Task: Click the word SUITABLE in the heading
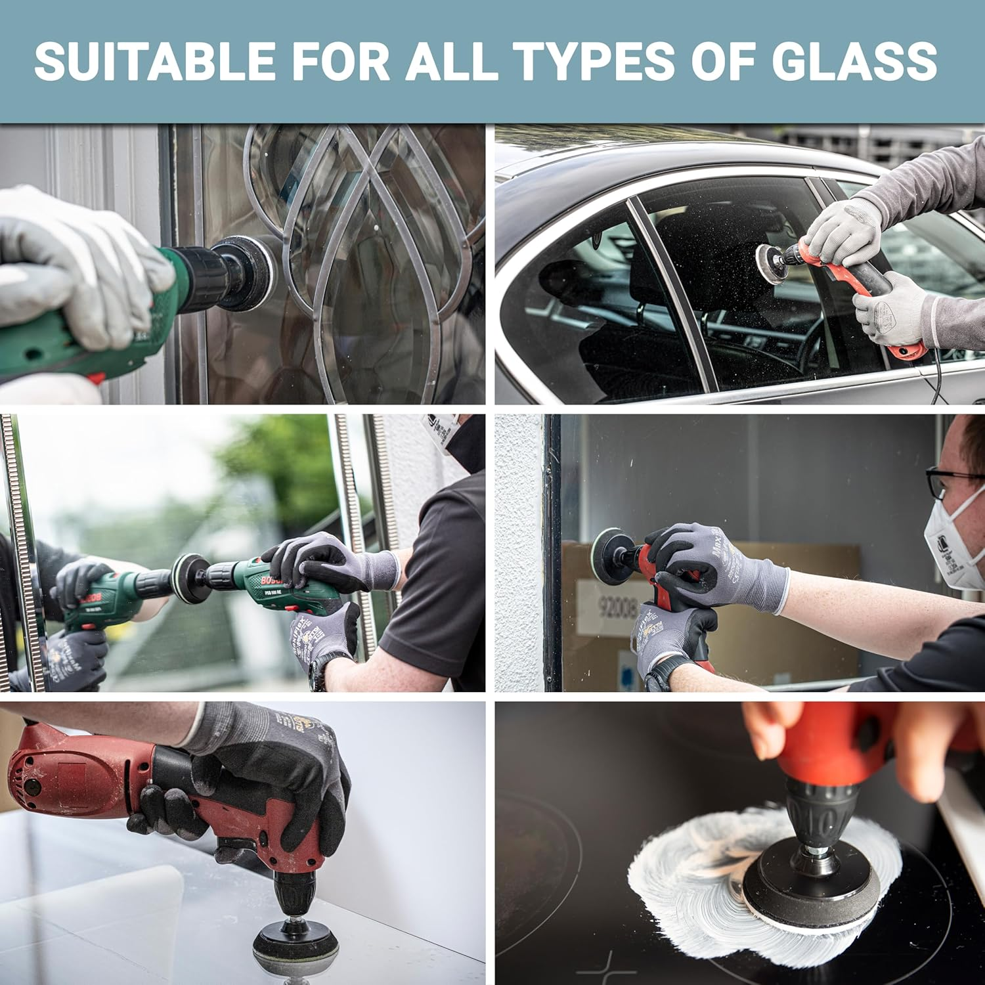click(155, 60)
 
